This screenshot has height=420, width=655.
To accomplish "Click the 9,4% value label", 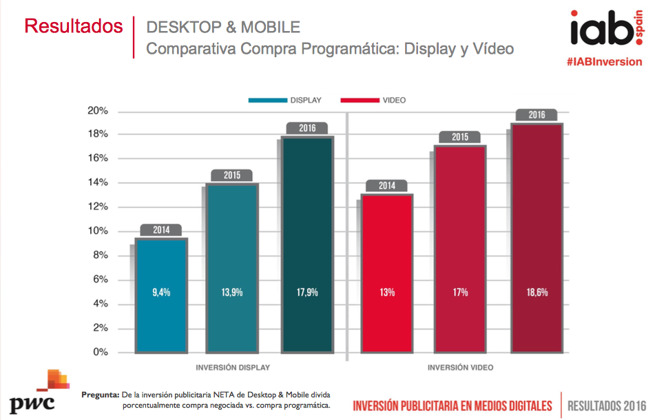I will point(160,292).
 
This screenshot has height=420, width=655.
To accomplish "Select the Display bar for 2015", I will point(232,269).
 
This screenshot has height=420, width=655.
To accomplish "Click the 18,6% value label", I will point(537,292).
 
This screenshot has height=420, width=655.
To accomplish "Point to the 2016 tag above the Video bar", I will point(537,115).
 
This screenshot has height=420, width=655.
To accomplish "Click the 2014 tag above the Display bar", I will point(160,230).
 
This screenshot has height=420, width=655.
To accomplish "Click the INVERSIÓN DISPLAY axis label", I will point(233,367).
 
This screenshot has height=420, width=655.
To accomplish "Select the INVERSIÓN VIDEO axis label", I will point(461,367).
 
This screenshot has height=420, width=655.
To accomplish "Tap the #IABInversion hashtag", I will point(604,61).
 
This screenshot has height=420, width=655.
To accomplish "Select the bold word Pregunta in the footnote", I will point(100,395).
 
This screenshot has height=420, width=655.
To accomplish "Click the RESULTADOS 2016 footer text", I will point(607,405).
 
